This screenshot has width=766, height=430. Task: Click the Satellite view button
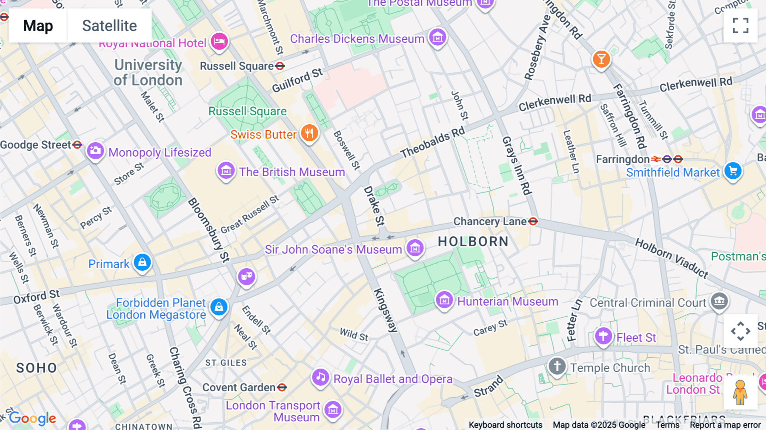tap(109, 26)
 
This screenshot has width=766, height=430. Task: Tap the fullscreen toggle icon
tap(740, 26)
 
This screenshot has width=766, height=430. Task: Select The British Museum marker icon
tap(226, 171)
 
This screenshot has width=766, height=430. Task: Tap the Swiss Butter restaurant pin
tap(309, 133)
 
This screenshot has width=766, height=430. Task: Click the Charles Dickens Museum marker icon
tap(437, 38)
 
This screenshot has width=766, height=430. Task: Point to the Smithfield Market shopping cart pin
tap(733, 171)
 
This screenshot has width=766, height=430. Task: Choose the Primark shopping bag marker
tap(142, 262)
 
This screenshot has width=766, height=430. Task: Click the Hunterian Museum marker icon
tap(444, 301)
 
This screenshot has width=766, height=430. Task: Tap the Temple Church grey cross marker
tap(557, 366)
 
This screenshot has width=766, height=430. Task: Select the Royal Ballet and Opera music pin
tap(320, 377)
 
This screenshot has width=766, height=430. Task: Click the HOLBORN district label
tap(473, 242)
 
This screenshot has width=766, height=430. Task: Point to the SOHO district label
tap(37, 368)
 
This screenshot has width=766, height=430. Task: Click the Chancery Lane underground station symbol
tap(533, 221)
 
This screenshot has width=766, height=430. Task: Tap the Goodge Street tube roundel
tap(77, 145)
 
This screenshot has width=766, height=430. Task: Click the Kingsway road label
tap(386, 310)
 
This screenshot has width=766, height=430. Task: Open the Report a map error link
tap(725, 425)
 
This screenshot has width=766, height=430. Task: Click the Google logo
tap(33, 419)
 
